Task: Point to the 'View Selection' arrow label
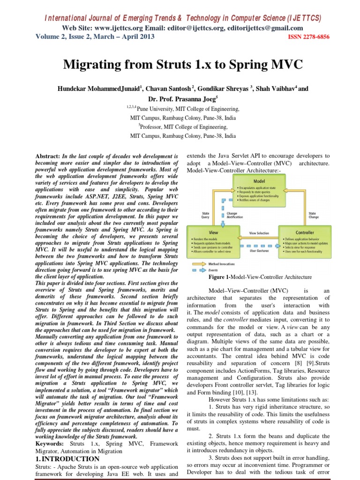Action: coord(259,232)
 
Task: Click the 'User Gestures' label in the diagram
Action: coord(259,251)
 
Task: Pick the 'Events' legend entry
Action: coord(213,270)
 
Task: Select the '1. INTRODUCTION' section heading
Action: coord(67,459)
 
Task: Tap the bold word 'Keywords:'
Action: coord(51,443)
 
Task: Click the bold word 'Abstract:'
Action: coord(49,156)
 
